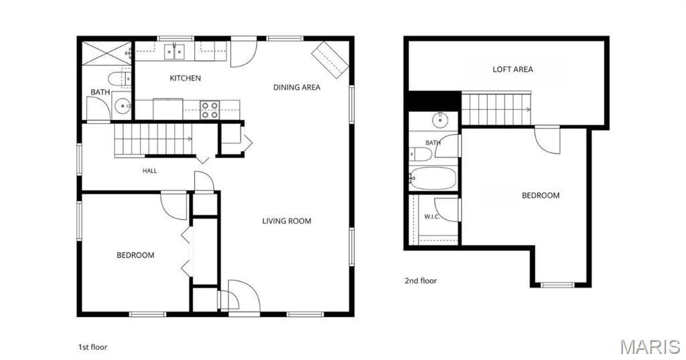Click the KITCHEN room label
(x=185, y=78)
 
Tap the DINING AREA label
(x=297, y=87)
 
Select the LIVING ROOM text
(x=287, y=221)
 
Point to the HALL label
(x=149, y=171)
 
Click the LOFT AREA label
(x=512, y=69)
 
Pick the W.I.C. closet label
(x=432, y=217)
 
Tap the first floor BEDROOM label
(x=135, y=255)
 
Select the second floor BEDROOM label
(x=541, y=195)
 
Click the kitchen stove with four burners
(x=210, y=110)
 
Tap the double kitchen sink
(x=175, y=51)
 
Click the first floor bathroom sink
(x=122, y=105)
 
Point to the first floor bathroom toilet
(x=119, y=79)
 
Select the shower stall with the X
(x=107, y=54)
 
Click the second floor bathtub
(x=433, y=178)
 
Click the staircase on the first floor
(x=153, y=139)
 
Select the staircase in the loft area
(x=496, y=109)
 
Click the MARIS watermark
(x=650, y=347)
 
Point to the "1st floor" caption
(x=92, y=347)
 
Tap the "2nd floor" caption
(x=421, y=281)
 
